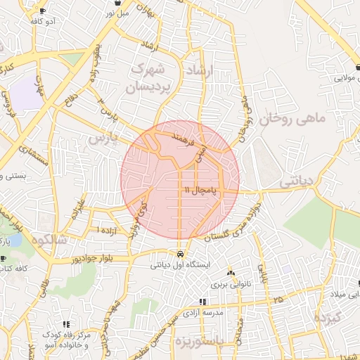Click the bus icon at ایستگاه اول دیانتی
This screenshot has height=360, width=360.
pos(181,254)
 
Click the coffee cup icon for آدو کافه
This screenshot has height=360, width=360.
pos(43,11)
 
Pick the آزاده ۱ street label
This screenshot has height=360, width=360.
pos(108,230)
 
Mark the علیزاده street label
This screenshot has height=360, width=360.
pos(77,209)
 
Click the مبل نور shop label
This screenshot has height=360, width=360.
pos(117,12)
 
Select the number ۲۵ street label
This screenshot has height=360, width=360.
pos(279,300)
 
